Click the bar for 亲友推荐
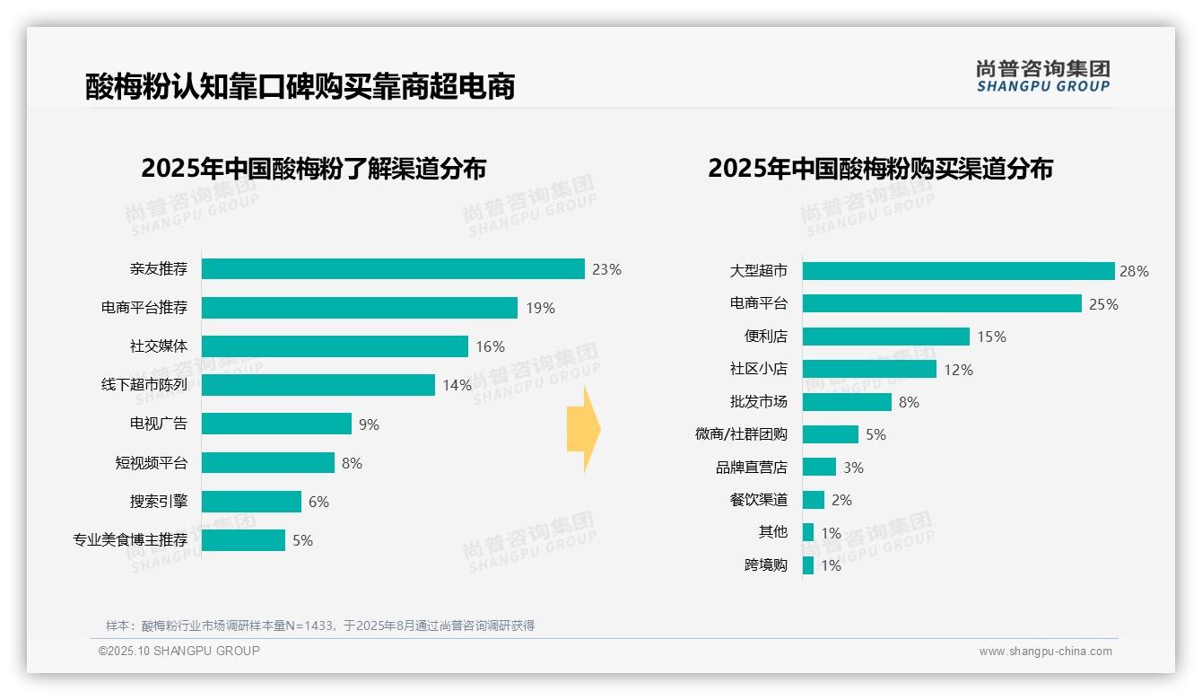[393, 269]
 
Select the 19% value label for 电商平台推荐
[540, 308]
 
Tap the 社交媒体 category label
[159, 346]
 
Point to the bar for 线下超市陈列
[318, 385]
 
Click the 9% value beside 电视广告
[369, 424]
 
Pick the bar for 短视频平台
[267, 463]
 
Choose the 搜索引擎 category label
[159, 502]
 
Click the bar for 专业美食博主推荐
[243, 540]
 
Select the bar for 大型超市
[958, 271]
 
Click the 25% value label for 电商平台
[1103, 304]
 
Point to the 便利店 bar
[885, 337]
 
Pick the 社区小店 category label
[758, 369]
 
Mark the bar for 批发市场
[847, 402]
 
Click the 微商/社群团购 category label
[741, 434]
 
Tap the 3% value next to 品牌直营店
[853, 468]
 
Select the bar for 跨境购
[808, 565]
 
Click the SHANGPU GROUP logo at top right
[1042, 76]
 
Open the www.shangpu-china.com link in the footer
[1045, 652]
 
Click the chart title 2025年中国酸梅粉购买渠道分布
[880, 169]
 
